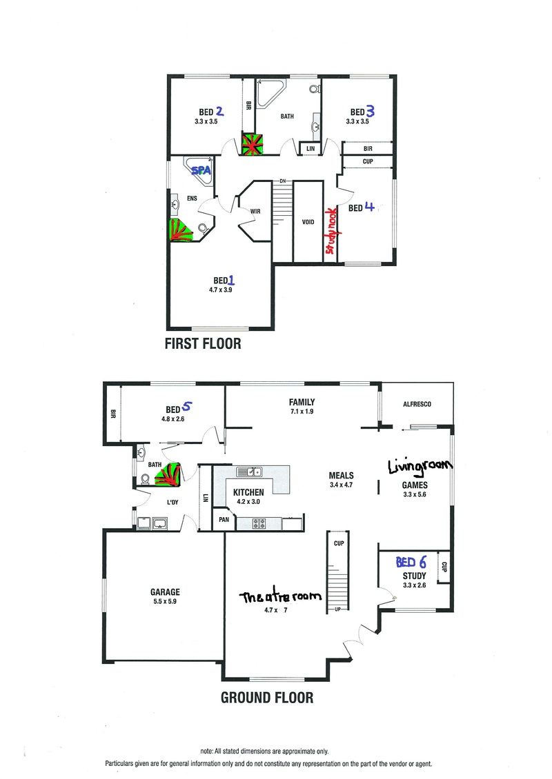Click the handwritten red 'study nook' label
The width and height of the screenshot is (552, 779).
(331, 231)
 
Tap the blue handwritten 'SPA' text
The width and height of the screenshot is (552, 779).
(201, 170)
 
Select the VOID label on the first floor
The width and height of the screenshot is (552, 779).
(308, 222)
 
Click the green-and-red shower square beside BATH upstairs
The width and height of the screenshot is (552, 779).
(252, 143)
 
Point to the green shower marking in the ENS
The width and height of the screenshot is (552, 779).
(180, 230)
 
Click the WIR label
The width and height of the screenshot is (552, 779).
(255, 211)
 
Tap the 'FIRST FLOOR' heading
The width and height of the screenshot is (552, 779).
(203, 344)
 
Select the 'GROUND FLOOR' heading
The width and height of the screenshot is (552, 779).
(267, 698)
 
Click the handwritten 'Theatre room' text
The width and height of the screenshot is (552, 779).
(280, 596)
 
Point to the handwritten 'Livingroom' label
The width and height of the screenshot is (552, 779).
(420, 467)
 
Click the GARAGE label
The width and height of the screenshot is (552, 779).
(165, 591)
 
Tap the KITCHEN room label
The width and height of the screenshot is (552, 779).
(248, 492)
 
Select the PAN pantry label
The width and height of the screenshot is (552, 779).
(224, 520)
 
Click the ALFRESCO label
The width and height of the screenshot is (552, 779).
(417, 405)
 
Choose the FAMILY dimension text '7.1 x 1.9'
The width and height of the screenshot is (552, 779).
(302, 412)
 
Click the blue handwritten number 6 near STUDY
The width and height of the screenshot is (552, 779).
(423, 562)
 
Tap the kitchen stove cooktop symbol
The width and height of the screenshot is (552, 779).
(259, 523)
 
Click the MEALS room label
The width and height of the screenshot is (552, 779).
(341, 476)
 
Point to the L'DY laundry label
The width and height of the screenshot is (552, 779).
(172, 503)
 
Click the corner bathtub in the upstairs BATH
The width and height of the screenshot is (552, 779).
(268, 92)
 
